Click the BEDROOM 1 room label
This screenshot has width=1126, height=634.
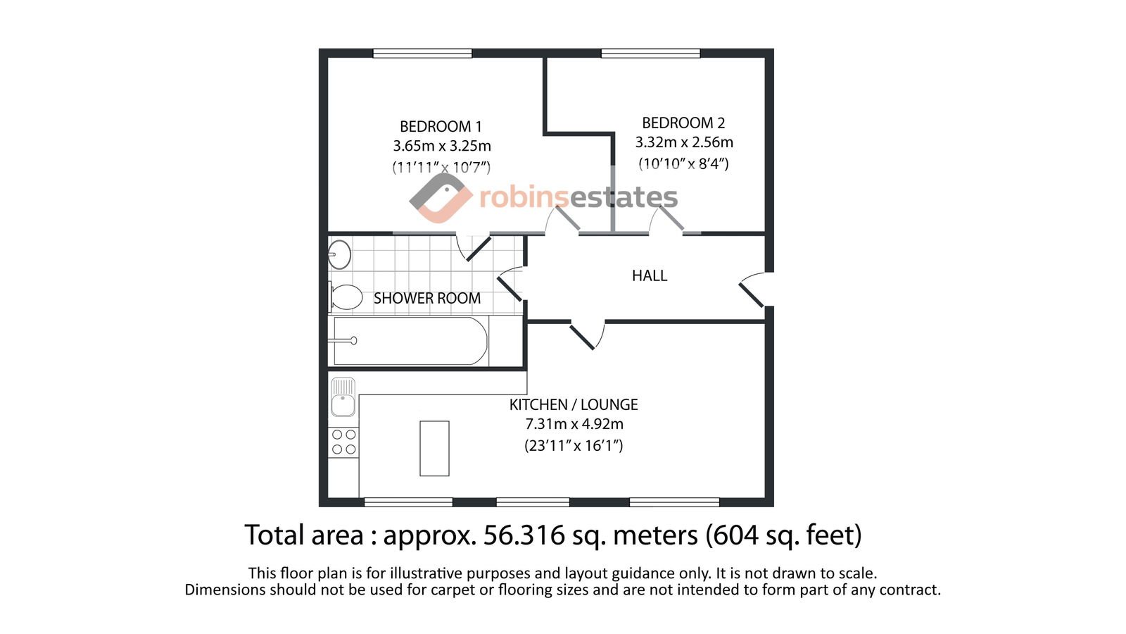[441, 126]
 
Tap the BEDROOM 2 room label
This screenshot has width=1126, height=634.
[683, 123]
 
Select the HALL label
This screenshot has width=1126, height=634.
[650, 275]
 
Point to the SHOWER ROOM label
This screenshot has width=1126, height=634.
[426, 299]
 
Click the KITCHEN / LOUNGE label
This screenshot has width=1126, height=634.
[574, 404]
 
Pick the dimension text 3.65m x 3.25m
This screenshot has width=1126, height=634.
[442, 146]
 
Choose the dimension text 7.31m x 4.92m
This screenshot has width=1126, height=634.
[574, 424]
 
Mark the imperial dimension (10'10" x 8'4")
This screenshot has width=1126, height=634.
[683, 163]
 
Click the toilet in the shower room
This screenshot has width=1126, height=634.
[346, 297]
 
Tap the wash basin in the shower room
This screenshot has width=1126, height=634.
[339, 254]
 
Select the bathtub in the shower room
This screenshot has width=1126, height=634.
[407, 341]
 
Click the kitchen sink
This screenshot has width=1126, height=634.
[343, 397]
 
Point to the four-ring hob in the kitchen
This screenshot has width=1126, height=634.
[344, 442]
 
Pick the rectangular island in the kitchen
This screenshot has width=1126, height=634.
[434, 448]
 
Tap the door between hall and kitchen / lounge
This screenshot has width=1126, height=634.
[588, 335]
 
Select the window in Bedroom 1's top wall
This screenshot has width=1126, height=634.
[422, 54]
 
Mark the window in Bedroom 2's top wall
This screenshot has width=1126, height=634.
[650, 54]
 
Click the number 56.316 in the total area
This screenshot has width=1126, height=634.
[524, 535]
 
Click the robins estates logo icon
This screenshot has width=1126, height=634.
[441, 198]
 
